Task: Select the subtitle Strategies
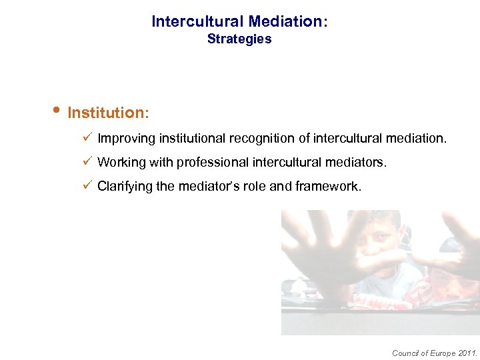coord(239,39)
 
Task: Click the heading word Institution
coord(108,113)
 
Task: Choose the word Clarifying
coord(125,187)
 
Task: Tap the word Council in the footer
coord(404,353)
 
